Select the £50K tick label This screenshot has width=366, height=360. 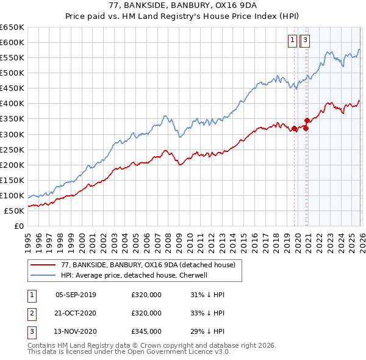(x=14, y=211)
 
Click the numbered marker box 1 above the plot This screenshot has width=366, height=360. (x=292, y=41)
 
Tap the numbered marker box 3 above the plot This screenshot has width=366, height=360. (x=305, y=41)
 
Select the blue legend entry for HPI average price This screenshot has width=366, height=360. (x=134, y=275)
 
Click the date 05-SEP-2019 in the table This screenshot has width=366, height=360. (x=76, y=295)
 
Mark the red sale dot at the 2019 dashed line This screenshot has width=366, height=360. (x=294, y=128)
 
